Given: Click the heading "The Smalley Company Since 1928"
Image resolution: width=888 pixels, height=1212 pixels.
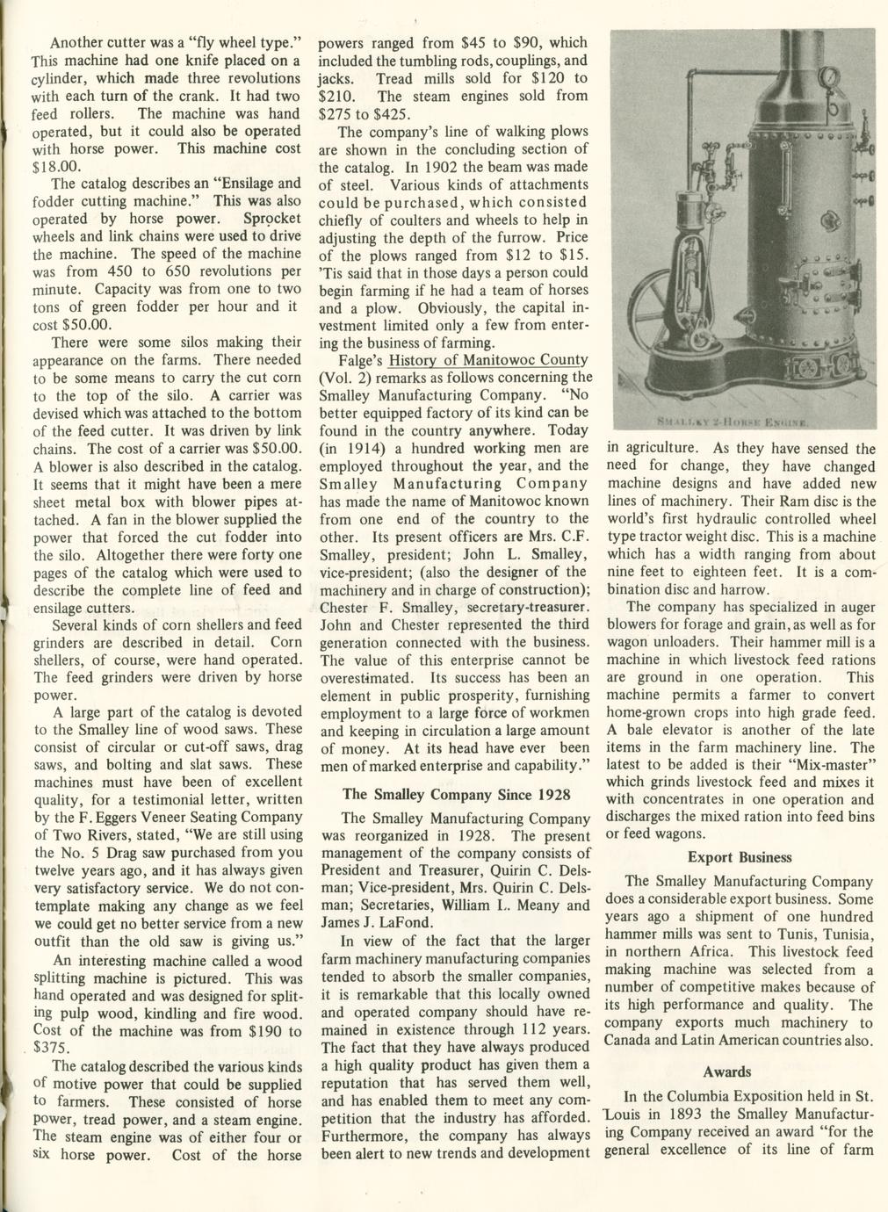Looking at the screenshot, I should coord(457,794).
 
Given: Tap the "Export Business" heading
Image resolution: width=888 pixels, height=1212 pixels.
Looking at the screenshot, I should coord(740,857).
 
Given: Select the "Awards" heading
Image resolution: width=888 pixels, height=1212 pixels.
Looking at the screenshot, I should coord(727,1071).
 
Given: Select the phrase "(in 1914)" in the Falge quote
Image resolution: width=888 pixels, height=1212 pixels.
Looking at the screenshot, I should coord(346,448).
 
